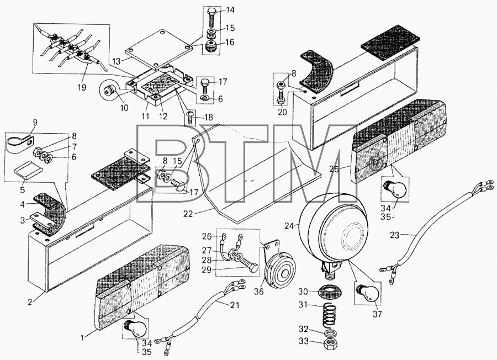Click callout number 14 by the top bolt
tap(230, 10)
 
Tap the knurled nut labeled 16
tap(210, 47)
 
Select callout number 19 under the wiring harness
tap(82, 87)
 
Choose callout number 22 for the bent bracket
tap(188, 214)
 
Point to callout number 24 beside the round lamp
tap(289, 226)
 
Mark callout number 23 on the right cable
tap(395, 235)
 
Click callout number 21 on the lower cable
tap(235, 305)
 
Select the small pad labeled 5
tap(29, 171)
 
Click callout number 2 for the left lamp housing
tap(30, 302)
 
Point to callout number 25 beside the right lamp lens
tap(334, 169)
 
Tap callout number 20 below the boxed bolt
tap(282, 112)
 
